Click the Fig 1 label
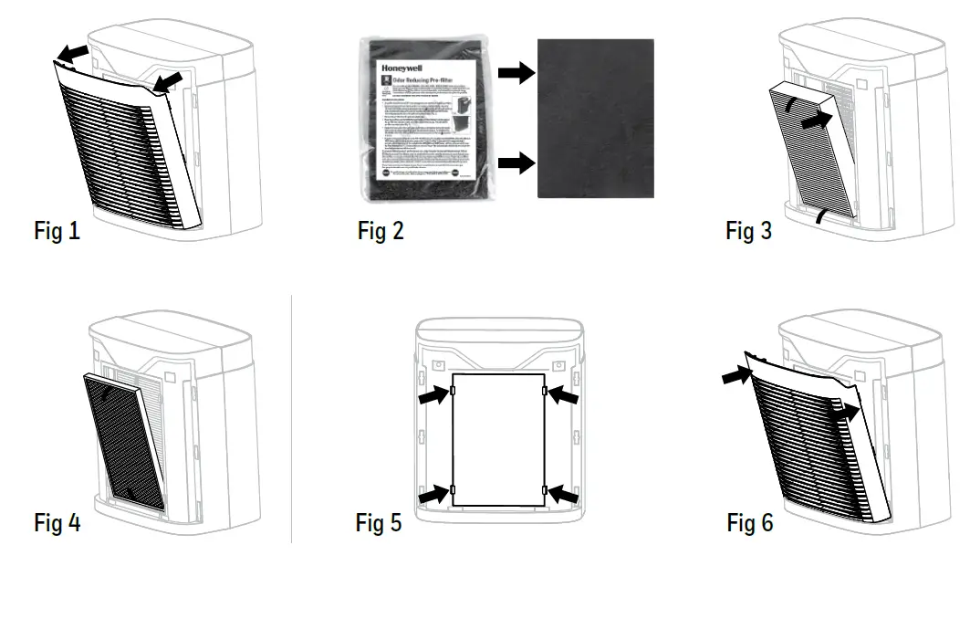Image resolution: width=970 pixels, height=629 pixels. pos(57,231)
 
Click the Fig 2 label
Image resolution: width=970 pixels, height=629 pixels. pos(381,231)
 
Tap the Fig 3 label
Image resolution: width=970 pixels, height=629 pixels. pos(748,231)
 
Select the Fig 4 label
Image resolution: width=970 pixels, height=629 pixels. pos(57,523)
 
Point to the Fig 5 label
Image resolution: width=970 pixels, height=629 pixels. pos(379,523)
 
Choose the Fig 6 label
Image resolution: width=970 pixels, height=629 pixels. pos(750,523)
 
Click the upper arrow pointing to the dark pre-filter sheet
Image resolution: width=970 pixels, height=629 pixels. pos(516,74)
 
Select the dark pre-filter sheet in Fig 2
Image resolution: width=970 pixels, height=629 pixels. pos(595,119)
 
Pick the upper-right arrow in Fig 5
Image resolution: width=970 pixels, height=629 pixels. pos(562,396)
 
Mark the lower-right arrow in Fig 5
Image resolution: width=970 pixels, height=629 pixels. pos(562,494)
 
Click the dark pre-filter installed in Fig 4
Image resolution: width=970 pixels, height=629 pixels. pos(126,442)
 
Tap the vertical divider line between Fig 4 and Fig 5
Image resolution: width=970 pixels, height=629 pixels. pos(291,420)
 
